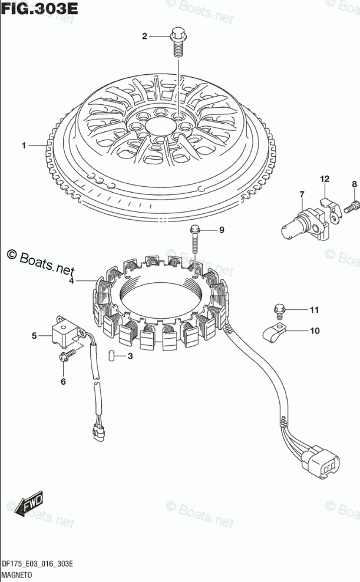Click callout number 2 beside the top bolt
[144, 37]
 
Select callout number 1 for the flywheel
[24, 145]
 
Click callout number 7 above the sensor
[301, 194]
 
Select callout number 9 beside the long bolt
[222, 230]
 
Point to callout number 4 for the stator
[71, 282]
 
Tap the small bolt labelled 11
[280, 309]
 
